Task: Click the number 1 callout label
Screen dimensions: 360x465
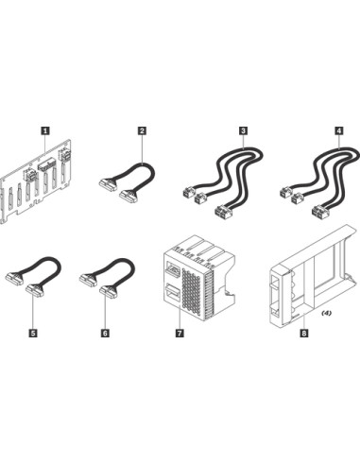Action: pos(45,130)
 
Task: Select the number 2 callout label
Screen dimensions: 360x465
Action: pos(142,130)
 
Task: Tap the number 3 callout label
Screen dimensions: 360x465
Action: pos(243,130)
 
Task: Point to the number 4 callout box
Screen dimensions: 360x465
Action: pos(339,130)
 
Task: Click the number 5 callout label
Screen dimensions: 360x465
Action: pos(33,333)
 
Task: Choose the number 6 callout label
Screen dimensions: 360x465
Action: pos(105,333)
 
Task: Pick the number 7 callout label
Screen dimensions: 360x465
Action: pos(180,333)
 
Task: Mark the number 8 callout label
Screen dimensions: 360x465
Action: pos(304,333)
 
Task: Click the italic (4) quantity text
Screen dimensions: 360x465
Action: pos(326,313)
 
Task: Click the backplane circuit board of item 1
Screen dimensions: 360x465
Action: pos(35,181)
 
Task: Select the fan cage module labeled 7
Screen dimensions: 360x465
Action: pos(198,278)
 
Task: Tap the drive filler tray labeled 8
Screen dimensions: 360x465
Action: pos(313,275)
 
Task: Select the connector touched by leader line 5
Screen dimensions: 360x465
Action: pos(35,290)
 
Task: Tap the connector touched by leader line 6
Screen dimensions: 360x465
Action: pos(109,291)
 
